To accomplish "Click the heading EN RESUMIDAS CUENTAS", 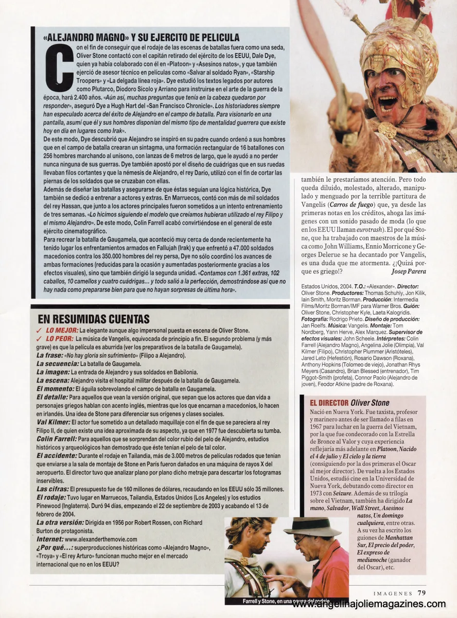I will (x=94, y=319).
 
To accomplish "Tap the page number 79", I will (x=421, y=593).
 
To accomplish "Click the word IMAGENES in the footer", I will (x=393, y=593).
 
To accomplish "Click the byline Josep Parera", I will (x=409, y=271).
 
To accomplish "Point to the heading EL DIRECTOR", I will (x=329, y=403).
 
